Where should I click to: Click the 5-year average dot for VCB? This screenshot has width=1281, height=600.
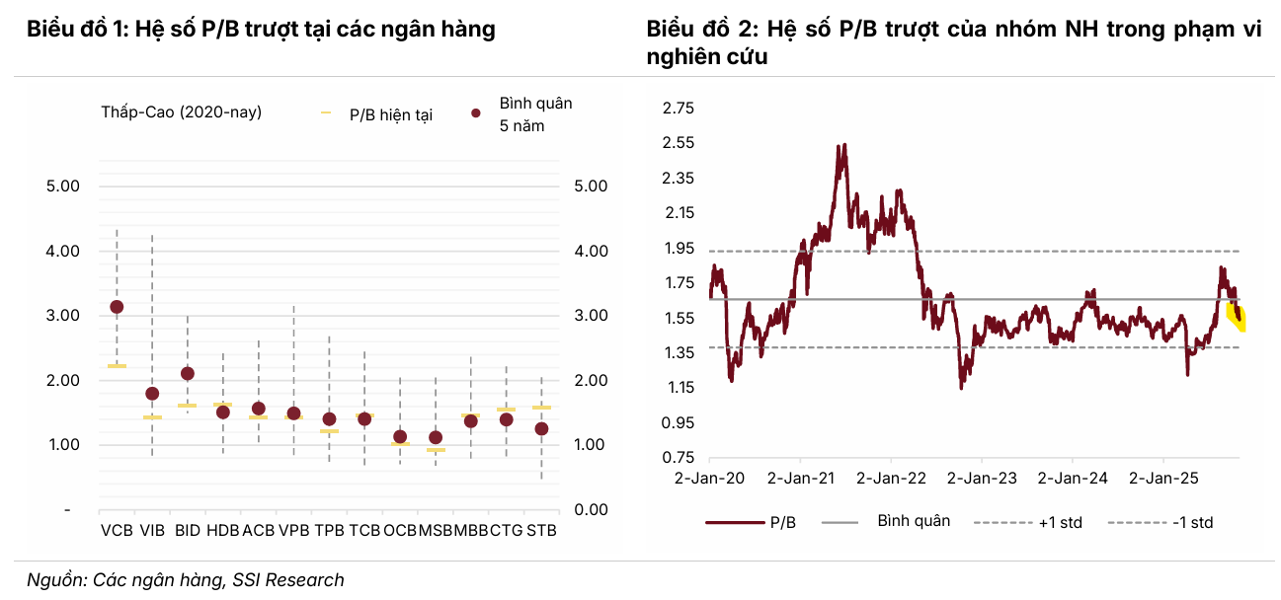click(x=117, y=307)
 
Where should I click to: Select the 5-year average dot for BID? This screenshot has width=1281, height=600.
click(x=188, y=373)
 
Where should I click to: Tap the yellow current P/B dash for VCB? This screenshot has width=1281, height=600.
click(x=117, y=366)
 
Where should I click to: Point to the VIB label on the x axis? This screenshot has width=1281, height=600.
click(x=152, y=530)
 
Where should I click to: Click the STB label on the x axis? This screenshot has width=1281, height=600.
click(x=541, y=530)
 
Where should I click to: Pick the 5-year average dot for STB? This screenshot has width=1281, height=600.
click(x=541, y=429)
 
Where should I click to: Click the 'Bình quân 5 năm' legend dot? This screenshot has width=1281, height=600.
click(x=475, y=114)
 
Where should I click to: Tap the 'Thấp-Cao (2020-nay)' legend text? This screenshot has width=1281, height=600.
click(x=181, y=112)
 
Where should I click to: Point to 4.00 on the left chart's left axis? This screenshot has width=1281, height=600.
click(x=62, y=251)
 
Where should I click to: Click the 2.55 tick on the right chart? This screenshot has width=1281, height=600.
click(x=679, y=143)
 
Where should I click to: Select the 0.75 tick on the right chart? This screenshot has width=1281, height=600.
click(x=679, y=458)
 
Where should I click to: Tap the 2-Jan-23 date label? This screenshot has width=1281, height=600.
click(x=981, y=479)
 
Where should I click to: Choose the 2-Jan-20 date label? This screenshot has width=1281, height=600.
click(x=709, y=479)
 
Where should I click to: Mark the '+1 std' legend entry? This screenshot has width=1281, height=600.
click(x=1060, y=522)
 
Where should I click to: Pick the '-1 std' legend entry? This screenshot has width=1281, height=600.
click(x=1192, y=522)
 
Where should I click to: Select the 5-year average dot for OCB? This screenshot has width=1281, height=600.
click(x=400, y=436)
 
